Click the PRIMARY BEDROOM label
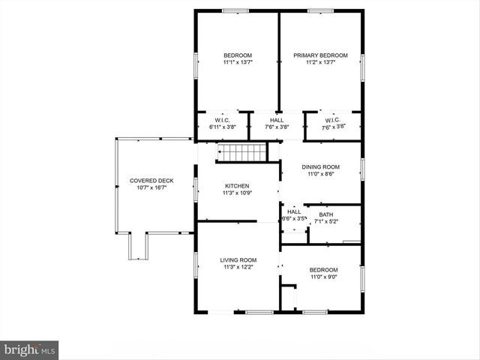(x=320, y=55)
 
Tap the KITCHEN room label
(x=237, y=186)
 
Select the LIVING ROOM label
(x=238, y=260)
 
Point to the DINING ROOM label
(x=320, y=167)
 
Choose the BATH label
(x=326, y=214)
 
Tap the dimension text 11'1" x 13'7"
(x=237, y=63)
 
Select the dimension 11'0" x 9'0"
(x=323, y=277)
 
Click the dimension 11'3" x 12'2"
(x=238, y=268)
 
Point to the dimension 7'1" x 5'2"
(x=326, y=221)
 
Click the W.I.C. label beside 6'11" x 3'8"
(x=221, y=121)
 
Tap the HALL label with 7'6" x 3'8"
(x=277, y=121)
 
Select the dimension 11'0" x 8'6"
(x=320, y=174)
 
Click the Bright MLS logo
(x=29, y=349)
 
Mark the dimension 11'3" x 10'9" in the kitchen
(x=237, y=193)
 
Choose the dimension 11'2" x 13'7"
(x=320, y=63)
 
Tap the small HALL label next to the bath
(x=294, y=211)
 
